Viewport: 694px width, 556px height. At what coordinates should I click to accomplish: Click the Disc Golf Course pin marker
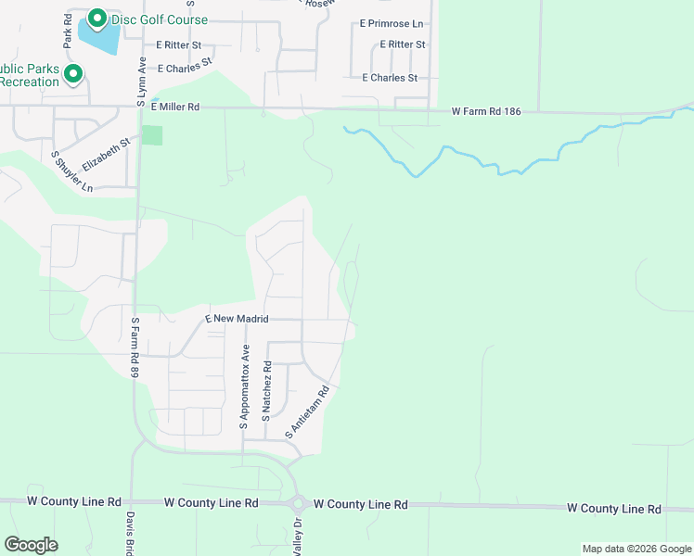tap(96, 19)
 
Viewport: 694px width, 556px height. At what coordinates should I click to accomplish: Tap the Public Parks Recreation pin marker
tap(73, 73)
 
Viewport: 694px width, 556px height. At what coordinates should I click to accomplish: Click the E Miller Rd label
tap(175, 107)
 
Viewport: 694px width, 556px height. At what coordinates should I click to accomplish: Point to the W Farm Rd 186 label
tap(486, 111)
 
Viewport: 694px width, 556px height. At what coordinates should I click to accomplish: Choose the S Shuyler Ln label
tap(72, 171)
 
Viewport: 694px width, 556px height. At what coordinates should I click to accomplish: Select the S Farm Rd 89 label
tap(135, 346)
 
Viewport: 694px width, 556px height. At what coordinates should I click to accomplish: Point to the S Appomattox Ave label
tap(246, 386)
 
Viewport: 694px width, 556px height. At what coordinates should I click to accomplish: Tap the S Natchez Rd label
tap(266, 393)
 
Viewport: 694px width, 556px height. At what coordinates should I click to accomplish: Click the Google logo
tap(31, 545)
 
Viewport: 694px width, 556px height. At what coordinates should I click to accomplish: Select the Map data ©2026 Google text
tap(636, 549)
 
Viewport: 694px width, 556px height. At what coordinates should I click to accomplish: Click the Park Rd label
tap(68, 31)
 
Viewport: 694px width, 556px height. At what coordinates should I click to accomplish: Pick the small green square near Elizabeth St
tap(152, 135)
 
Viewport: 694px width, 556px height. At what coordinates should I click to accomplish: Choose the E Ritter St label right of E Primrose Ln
tap(394, 44)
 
